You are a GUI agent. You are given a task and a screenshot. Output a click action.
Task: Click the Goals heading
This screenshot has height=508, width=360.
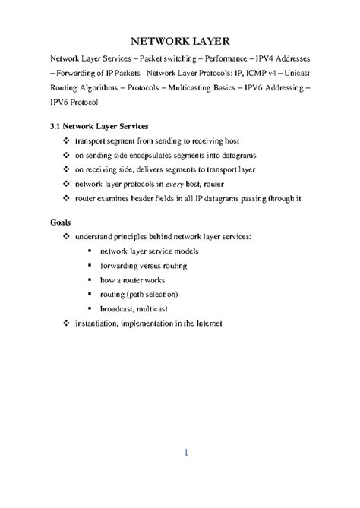tap(63, 222)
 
